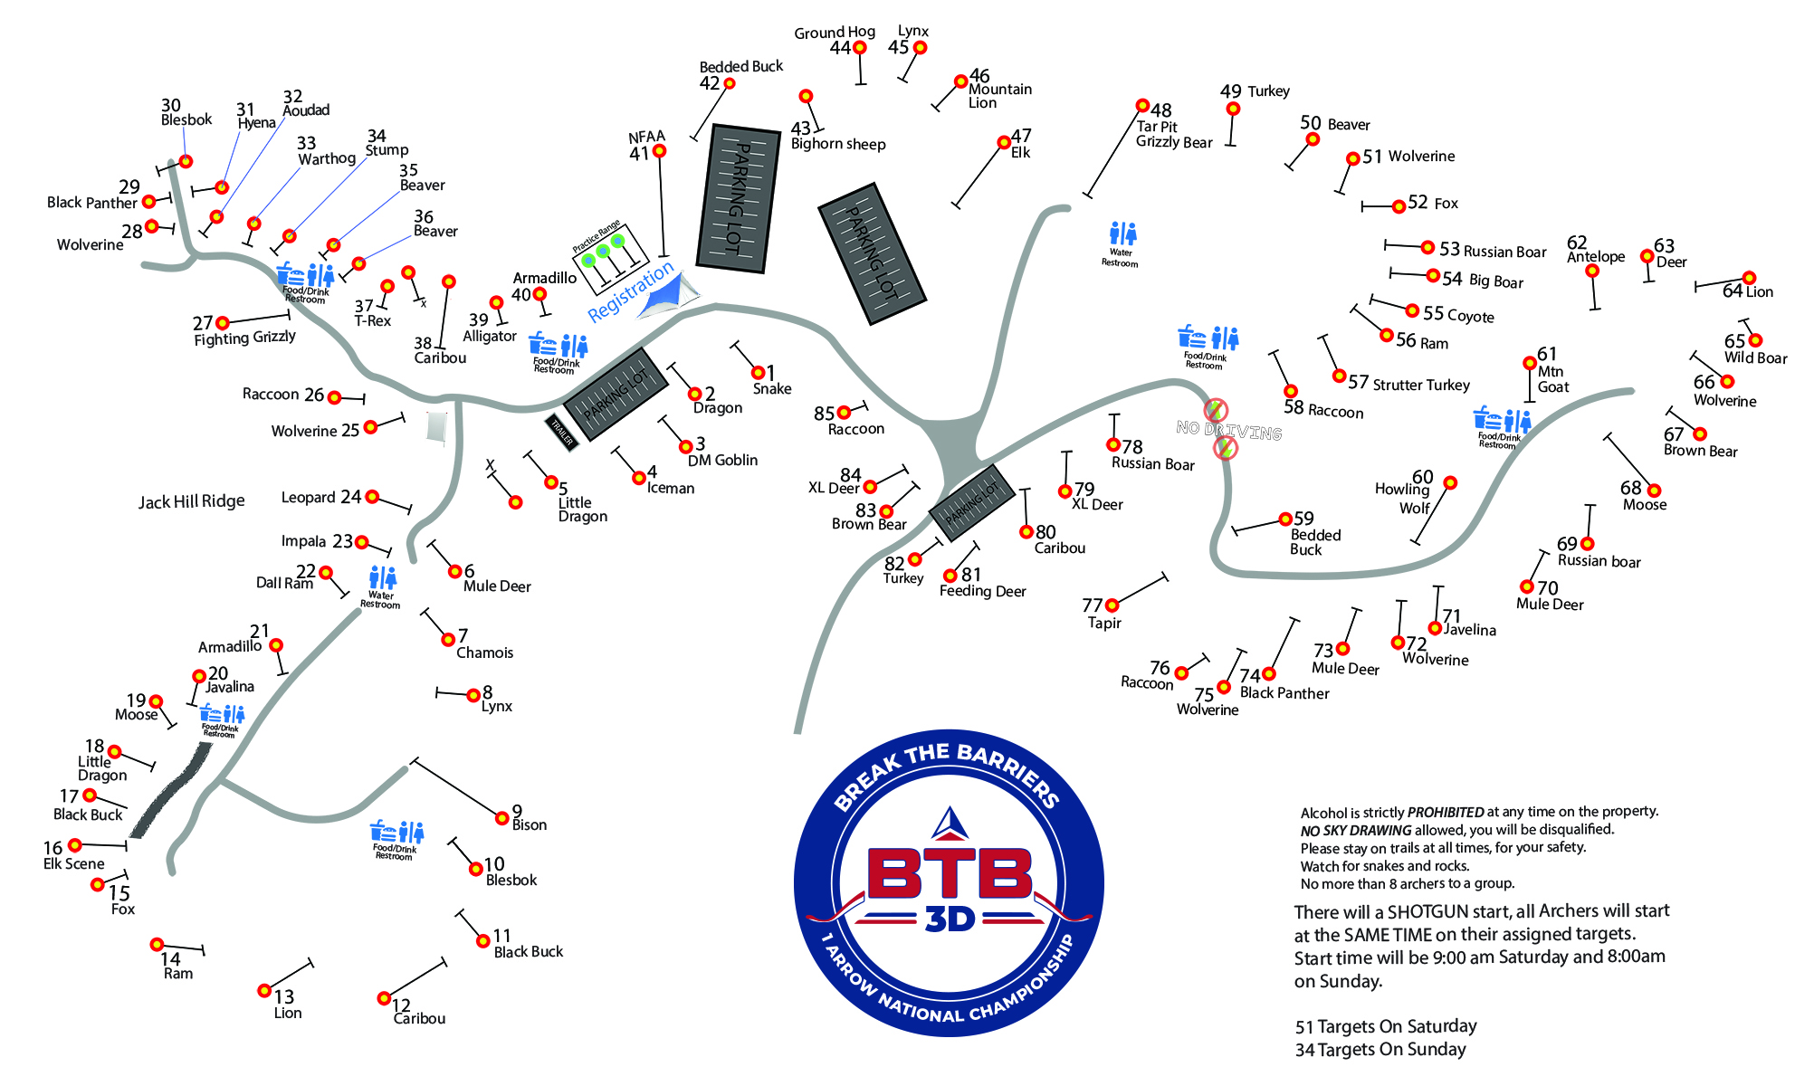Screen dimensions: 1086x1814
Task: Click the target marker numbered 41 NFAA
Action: [x=660, y=151]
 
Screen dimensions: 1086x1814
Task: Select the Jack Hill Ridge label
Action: [x=191, y=501]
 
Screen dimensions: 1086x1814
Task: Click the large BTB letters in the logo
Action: [x=950, y=873]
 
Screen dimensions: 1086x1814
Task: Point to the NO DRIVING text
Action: [x=1228, y=430]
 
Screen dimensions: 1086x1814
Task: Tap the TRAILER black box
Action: [x=562, y=433]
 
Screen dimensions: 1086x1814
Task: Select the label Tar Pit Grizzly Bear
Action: [x=1173, y=135]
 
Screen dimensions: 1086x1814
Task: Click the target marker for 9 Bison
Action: [x=502, y=818]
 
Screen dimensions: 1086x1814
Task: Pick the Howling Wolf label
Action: [x=1402, y=498]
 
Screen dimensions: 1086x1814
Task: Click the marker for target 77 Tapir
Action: [x=1112, y=605]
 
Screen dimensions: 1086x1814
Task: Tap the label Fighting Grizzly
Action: [x=244, y=338]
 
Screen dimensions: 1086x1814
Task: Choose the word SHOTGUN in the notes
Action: [x=1427, y=911]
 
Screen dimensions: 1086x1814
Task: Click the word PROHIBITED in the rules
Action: [x=1446, y=812]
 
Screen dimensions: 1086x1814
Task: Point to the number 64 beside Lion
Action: [x=1733, y=291]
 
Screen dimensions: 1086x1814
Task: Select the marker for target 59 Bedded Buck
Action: [x=1284, y=519]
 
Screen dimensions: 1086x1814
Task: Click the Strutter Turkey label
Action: [x=1421, y=385]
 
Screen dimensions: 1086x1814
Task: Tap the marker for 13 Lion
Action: [x=264, y=991]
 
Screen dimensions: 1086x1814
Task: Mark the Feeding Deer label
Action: [x=982, y=591]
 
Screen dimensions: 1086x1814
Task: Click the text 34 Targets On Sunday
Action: [x=1380, y=1050]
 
